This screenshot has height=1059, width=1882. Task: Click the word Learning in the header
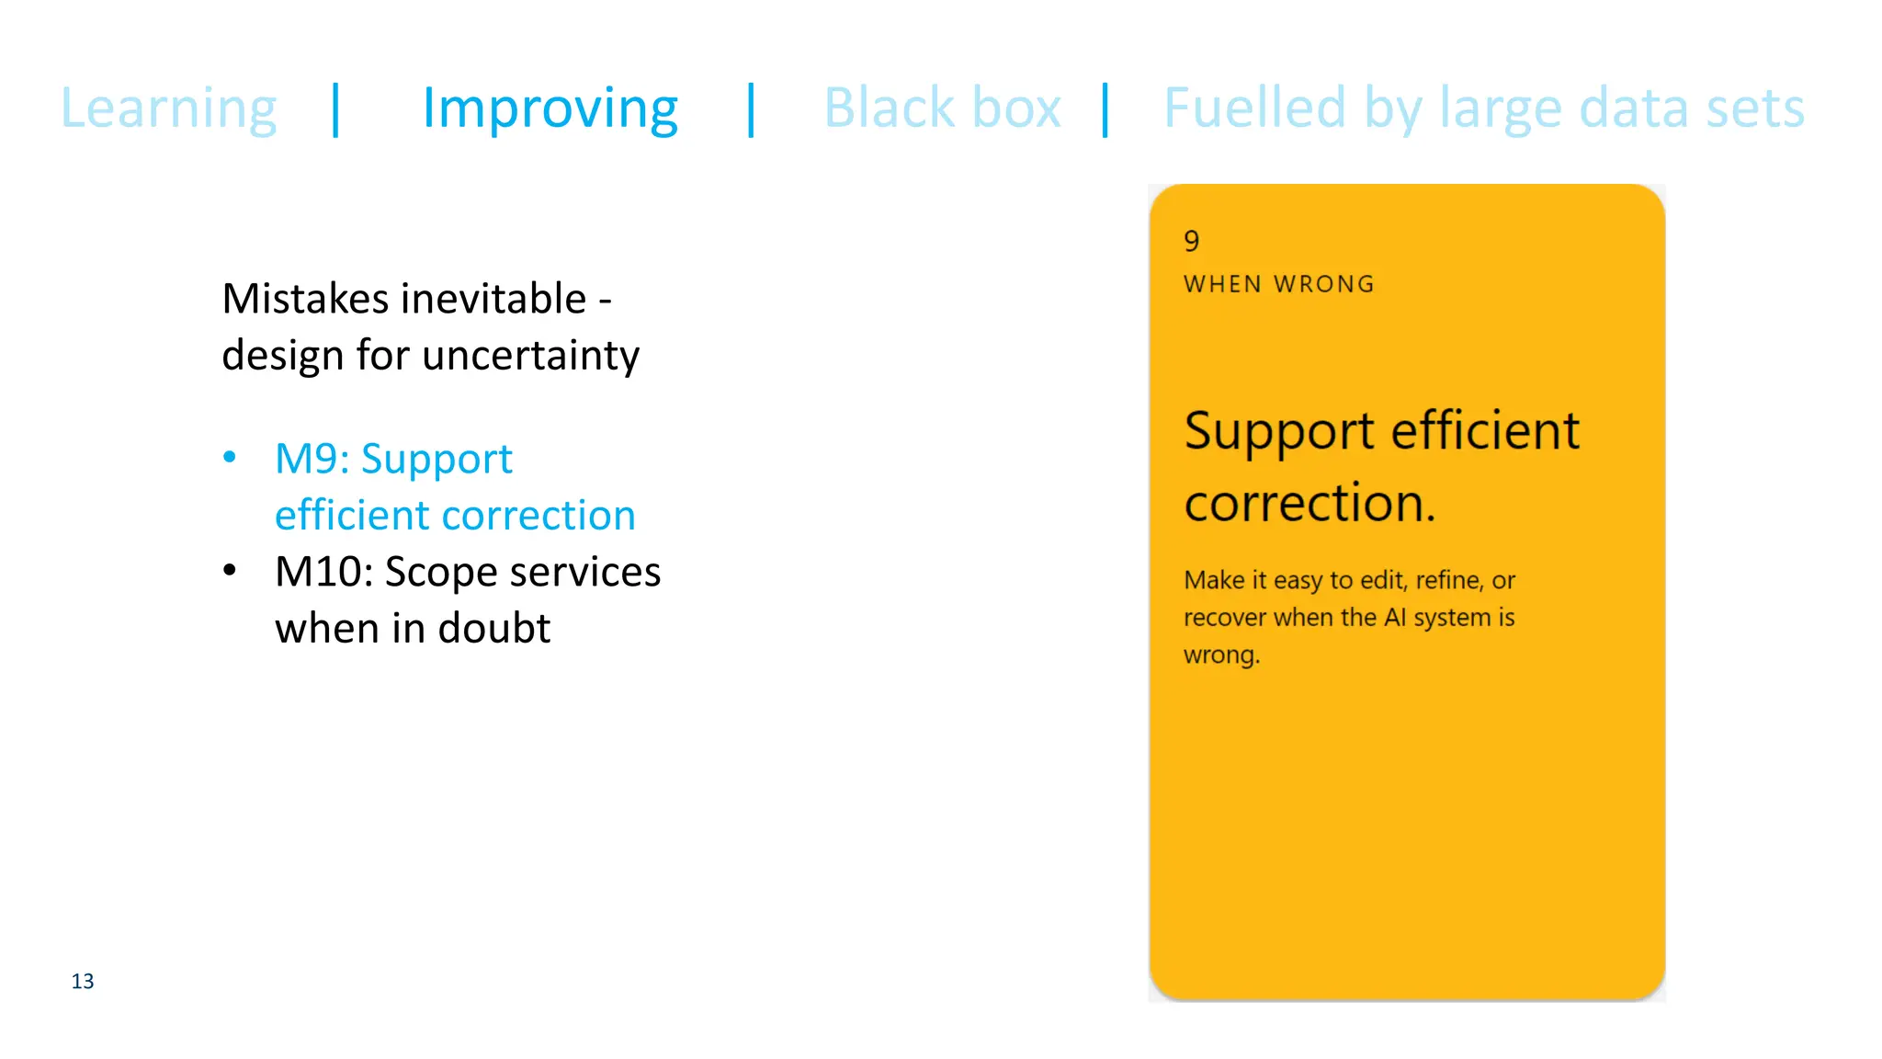[x=168, y=108]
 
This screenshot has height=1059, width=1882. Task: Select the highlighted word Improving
[x=550, y=108]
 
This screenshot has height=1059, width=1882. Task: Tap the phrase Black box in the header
[x=942, y=108]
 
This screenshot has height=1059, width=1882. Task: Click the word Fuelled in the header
[x=1254, y=108]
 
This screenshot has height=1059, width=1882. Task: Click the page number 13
[x=83, y=982]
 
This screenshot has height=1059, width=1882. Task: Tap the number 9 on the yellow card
[x=1192, y=241]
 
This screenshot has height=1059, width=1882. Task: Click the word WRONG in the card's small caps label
[x=1324, y=284]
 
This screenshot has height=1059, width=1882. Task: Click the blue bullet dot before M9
[x=230, y=457]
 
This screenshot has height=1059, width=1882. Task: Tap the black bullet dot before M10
[x=230, y=571]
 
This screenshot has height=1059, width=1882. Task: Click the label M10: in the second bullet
[x=323, y=572]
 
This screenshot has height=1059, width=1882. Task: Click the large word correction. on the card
[x=1309, y=503]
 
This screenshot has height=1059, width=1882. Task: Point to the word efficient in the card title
[x=1485, y=430]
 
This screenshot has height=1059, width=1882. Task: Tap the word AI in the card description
[x=1395, y=617]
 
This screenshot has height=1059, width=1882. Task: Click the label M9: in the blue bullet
[x=312, y=459]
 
